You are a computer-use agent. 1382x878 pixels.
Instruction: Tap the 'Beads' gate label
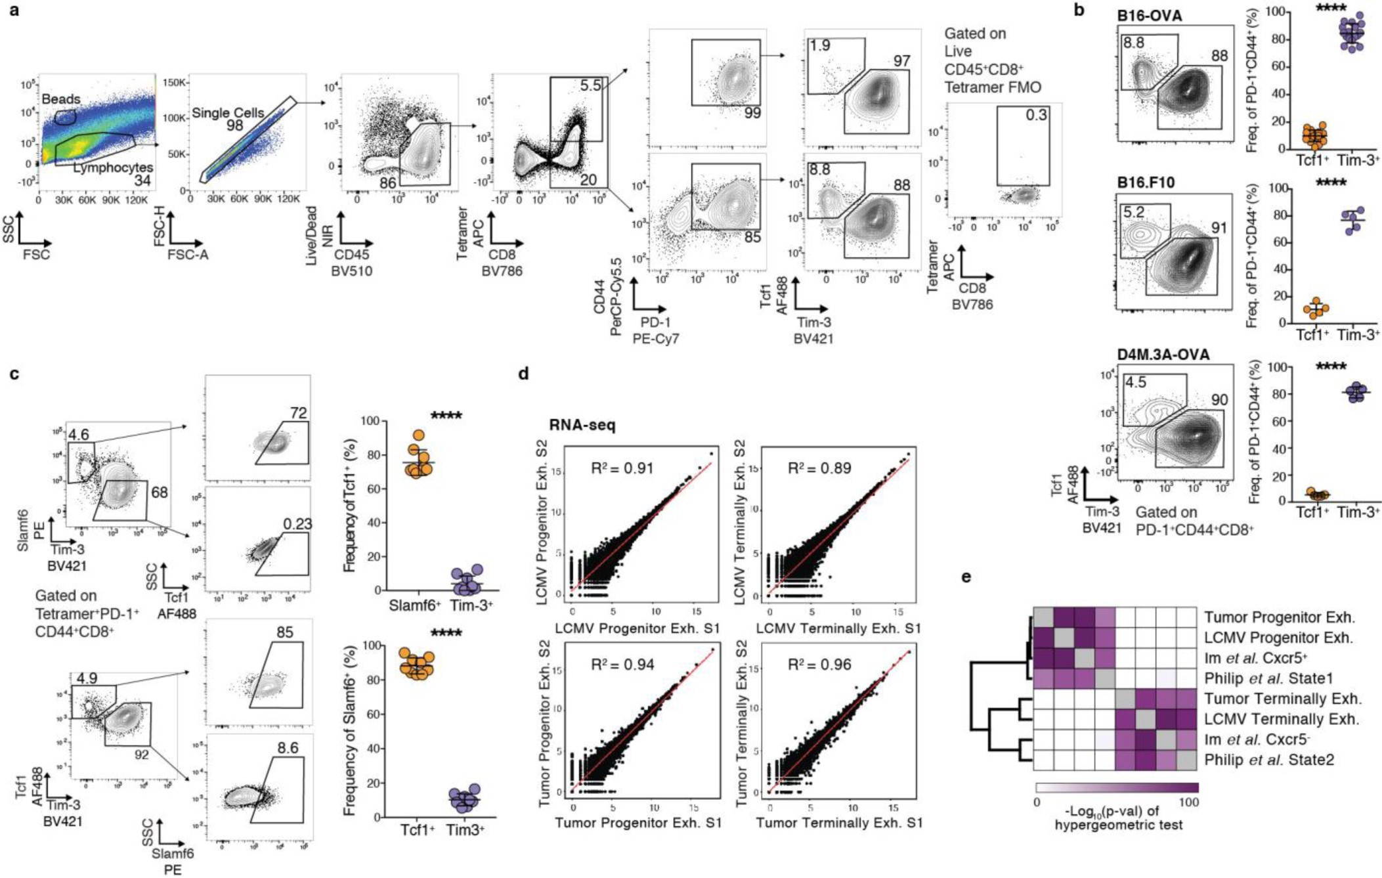(x=61, y=99)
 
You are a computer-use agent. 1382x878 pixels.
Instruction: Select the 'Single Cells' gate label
(x=227, y=113)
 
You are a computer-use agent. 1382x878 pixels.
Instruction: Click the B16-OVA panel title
(x=1149, y=15)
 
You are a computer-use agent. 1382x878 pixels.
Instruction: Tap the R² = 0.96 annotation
(x=819, y=665)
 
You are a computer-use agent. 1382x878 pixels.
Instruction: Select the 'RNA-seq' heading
(x=582, y=425)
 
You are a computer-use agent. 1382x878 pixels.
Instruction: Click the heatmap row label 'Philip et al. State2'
(x=1270, y=760)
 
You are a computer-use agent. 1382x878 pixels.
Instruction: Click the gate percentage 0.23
(x=297, y=524)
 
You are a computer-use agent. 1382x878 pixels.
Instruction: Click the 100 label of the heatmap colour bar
(x=1189, y=802)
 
